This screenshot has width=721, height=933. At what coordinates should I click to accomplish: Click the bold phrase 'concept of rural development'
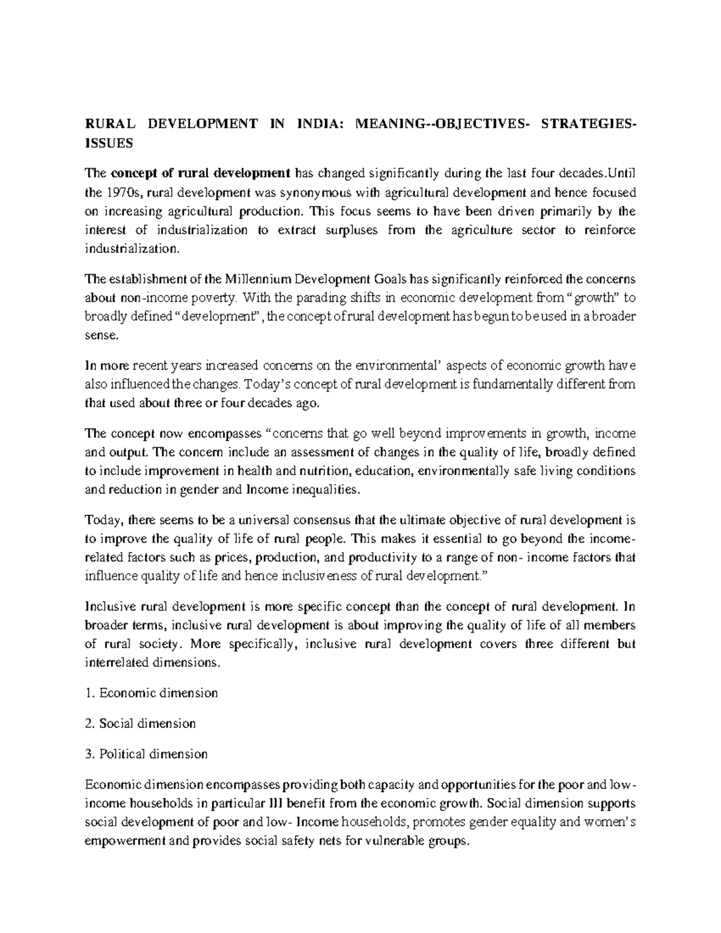coord(200,174)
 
